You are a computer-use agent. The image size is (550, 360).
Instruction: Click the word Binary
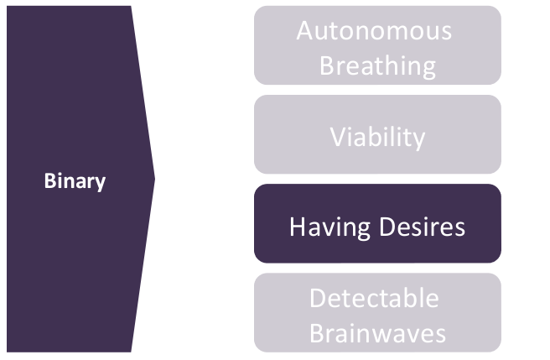click(x=75, y=181)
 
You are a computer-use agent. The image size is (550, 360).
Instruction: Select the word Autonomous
click(x=374, y=31)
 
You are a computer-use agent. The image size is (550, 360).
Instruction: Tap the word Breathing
click(x=377, y=65)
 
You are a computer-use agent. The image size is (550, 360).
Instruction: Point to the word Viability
click(x=377, y=137)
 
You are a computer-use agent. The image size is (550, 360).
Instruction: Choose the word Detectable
click(x=374, y=298)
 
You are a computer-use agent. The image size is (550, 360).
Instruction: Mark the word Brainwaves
click(x=377, y=332)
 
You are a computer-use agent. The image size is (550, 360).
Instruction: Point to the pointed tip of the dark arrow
click(x=154, y=178)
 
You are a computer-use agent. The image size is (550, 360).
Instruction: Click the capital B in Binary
click(x=49, y=181)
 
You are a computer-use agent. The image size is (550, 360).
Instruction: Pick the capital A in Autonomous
click(x=305, y=31)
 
